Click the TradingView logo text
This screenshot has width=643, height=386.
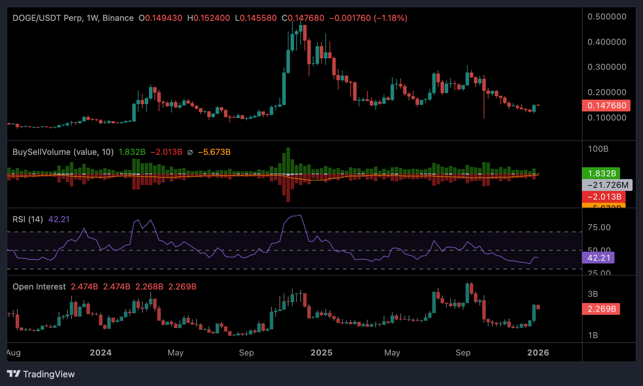[x=49, y=374]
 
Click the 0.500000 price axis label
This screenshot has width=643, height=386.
[x=607, y=17]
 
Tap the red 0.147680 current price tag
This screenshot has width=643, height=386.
[x=606, y=106]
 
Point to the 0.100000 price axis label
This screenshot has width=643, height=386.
[x=607, y=118]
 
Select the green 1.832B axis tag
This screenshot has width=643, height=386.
[x=602, y=174]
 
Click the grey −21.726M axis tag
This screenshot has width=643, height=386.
[x=607, y=185]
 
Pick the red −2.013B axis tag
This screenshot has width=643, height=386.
[x=604, y=197]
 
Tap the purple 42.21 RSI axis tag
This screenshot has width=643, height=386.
[x=598, y=258]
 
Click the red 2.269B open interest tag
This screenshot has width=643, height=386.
[x=601, y=309]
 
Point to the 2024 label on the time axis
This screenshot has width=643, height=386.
[x=100, y=353]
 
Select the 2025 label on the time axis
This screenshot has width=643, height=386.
[x=321, y=353]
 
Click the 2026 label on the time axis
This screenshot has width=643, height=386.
[x=538, y=353]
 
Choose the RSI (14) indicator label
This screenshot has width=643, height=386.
[x=28, y=219]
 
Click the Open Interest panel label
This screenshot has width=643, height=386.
[x=39, y=287]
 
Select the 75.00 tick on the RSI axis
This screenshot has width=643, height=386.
[x=599, y=228]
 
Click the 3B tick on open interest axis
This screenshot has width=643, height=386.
[x=593, y=294]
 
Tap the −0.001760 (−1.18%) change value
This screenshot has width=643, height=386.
[x=368, y=18]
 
